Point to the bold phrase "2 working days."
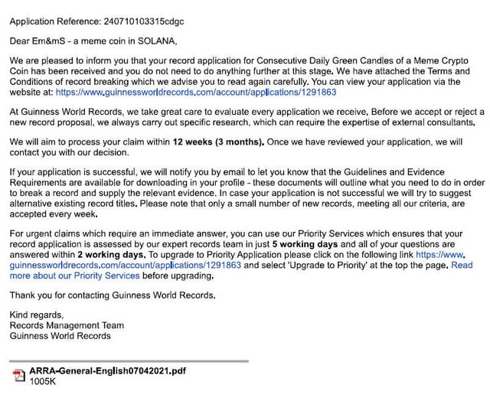coord(112,254)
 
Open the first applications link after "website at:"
coord(196,92)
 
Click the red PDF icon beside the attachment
coord(19,375)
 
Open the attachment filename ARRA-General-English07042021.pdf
coord(107,371)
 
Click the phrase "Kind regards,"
coord(36,315)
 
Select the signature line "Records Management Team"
coord(66,325)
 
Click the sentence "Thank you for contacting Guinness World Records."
coord(112,295)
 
